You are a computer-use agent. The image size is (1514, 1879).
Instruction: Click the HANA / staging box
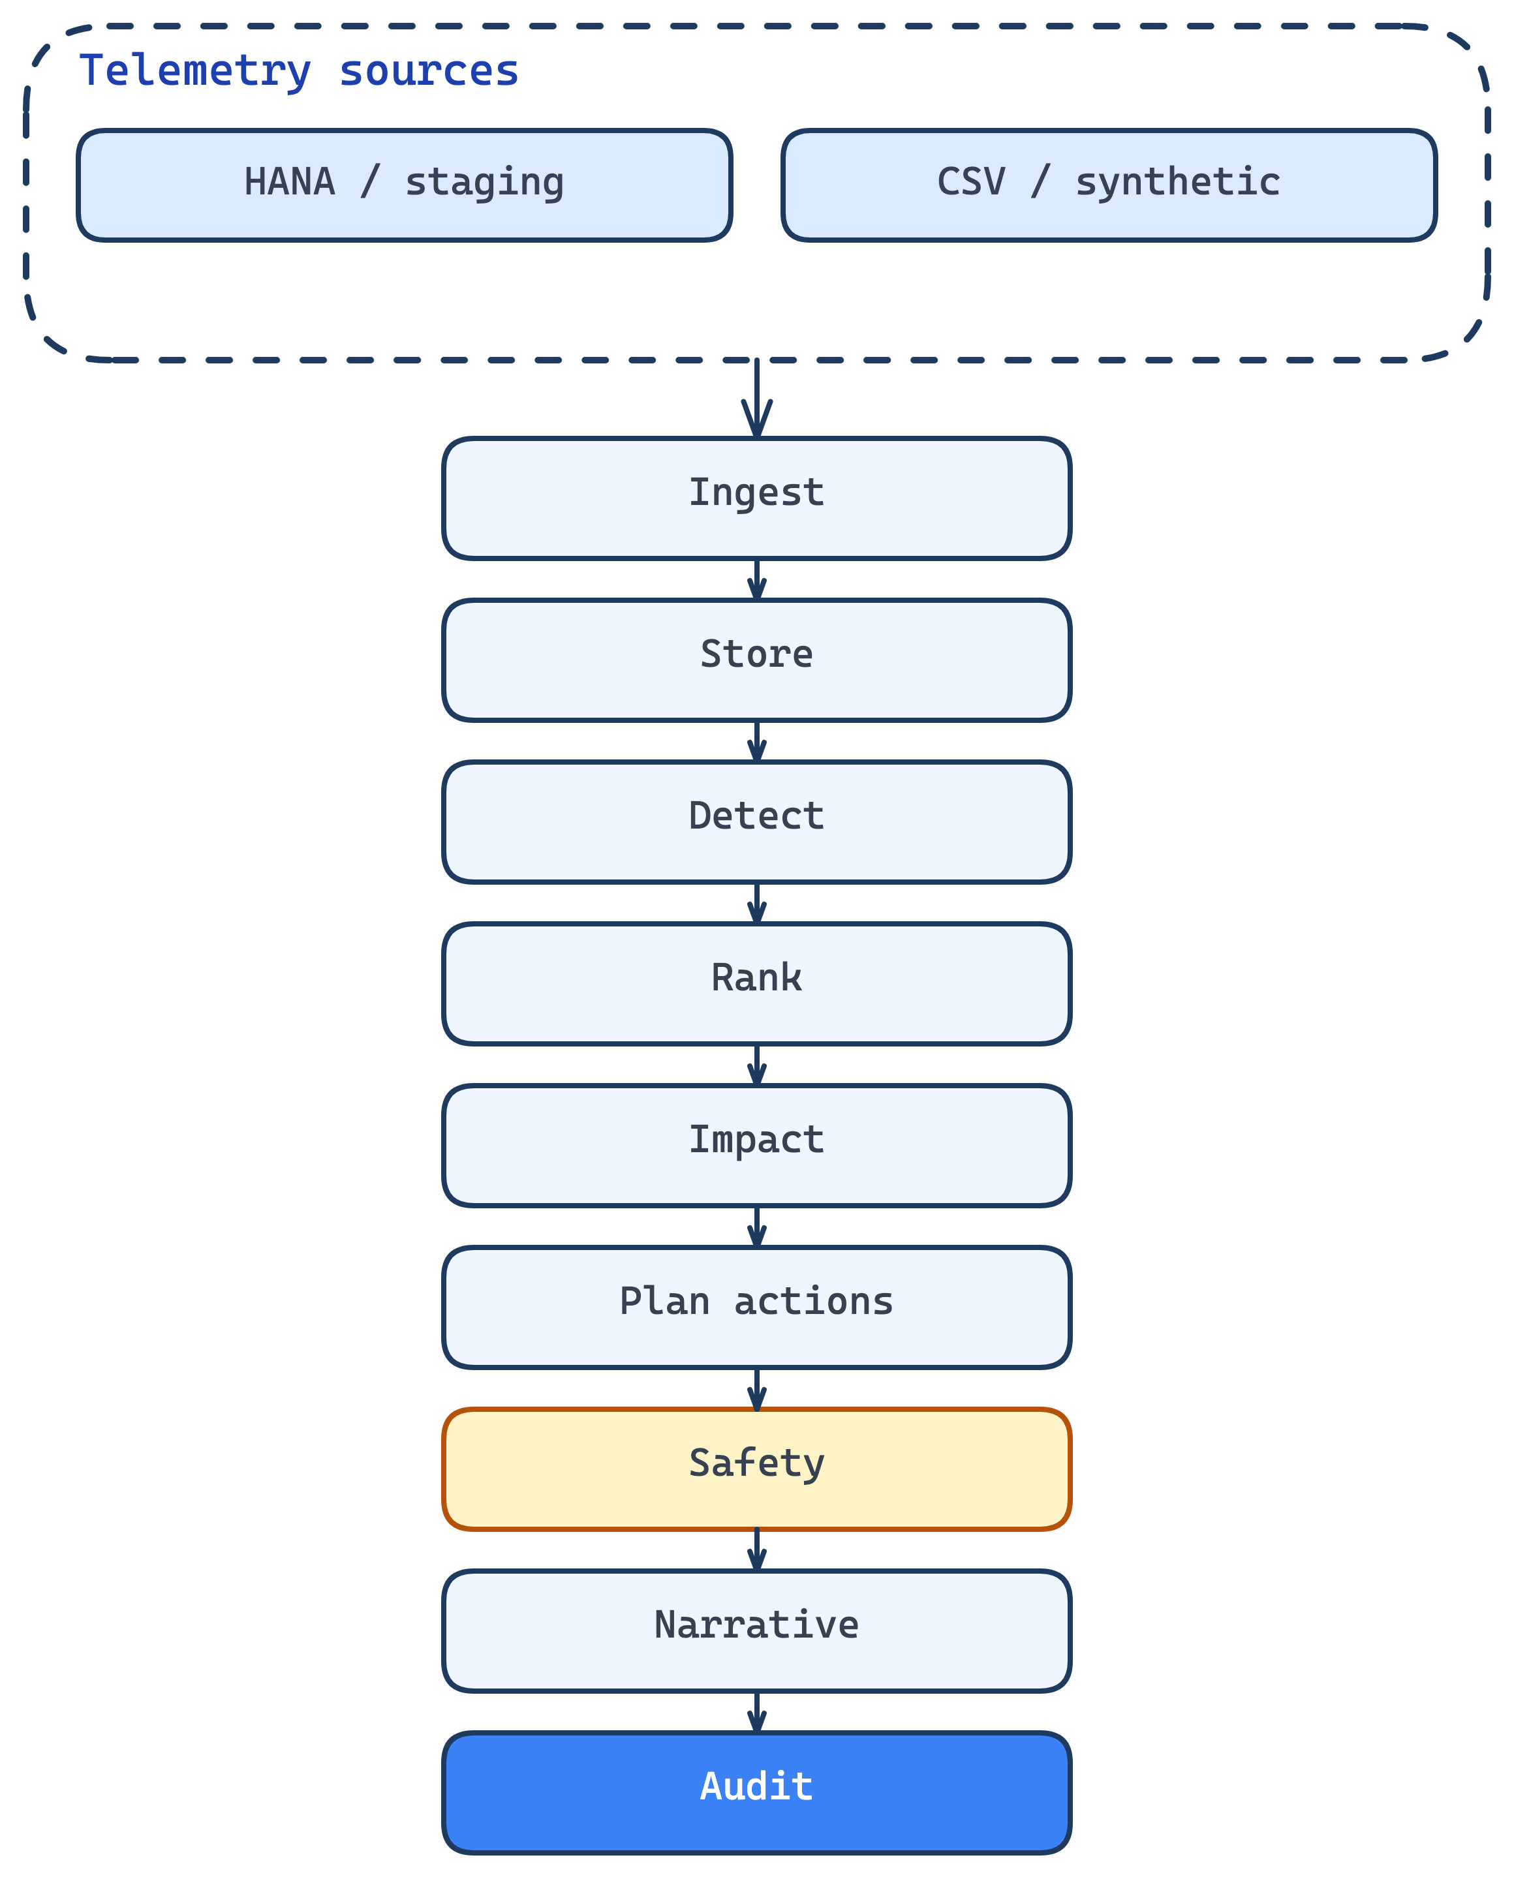tap(404, 185)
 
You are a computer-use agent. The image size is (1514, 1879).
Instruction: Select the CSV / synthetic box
tap(1109, 185)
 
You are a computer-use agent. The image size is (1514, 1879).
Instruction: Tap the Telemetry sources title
tap(298, 70)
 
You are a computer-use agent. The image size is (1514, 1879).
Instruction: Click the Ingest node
tap(756, 498)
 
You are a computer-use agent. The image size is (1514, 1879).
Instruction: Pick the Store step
tap(756, 660)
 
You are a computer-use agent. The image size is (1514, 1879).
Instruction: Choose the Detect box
tap(756, 821)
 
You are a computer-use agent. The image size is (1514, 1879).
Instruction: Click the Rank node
tap(756, 983)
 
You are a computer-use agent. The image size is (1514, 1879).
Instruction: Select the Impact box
tap(756, 1145)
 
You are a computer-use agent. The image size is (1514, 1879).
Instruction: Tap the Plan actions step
tap(756, 1307)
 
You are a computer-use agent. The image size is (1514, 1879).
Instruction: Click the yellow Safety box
tap(756, 1469)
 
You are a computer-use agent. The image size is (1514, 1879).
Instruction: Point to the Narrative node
tap(756, 1630)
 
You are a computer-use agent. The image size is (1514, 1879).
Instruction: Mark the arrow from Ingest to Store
tap(756, 579)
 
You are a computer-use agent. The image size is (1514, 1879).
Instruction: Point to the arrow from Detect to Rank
tap(756, 902)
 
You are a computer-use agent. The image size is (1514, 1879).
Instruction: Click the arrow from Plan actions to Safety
tap(756, 1388)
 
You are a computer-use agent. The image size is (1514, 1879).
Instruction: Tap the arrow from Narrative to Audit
tap(756, 1711)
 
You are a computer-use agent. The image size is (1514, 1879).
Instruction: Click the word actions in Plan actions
tap(813, 1302)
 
